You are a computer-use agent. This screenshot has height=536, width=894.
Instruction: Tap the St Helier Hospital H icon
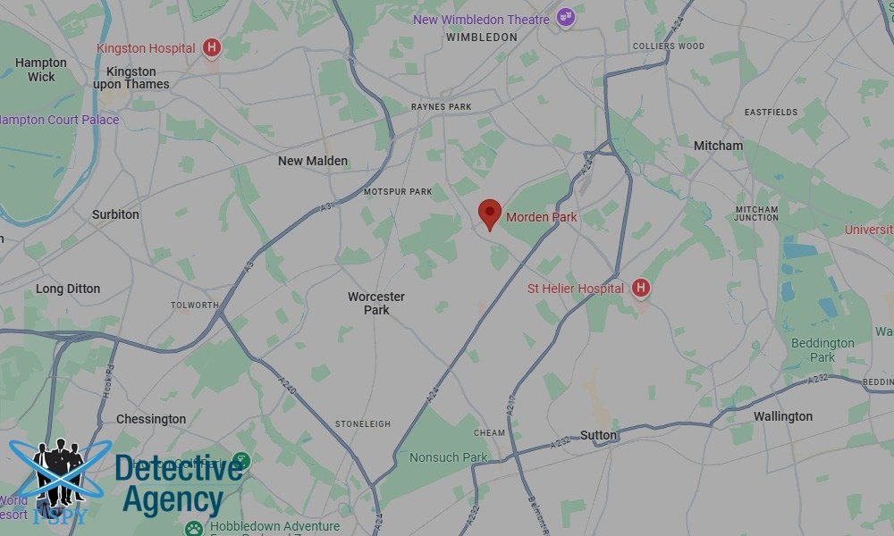click(x=640, y=288)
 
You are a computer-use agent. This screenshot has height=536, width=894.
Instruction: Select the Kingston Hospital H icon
click(x=211, y=47)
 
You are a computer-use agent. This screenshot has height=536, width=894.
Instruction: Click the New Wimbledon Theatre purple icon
click(x=564, y=17)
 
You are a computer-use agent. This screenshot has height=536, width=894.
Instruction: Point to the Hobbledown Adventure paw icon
click(x=194, y=527)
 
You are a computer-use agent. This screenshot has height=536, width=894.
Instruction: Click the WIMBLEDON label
click(x=481, y=38)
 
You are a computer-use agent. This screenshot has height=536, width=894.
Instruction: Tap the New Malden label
click(x=313, y=161)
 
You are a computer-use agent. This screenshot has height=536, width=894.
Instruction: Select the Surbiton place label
click(x=115, y=214)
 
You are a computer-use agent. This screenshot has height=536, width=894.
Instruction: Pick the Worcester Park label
click(x=376, y=303)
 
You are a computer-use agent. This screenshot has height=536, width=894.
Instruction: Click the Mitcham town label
click(x=718, y=146)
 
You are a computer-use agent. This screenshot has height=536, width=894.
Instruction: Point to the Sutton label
click(x=598, y=435)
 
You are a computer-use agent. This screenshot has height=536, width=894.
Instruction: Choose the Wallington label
click(x=782, y=416)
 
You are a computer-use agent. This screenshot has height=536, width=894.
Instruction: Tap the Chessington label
click(x=151, y=419)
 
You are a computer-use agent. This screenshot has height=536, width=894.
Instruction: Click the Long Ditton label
click(x=68, y=289)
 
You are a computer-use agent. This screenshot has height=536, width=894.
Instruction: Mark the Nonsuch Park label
click(x=448, y=457)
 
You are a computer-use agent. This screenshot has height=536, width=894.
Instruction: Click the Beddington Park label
click(x=822, y=350)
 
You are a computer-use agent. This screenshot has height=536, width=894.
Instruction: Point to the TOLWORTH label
click(x=194, y=306)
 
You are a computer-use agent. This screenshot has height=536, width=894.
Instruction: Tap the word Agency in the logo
click(x=173, y=499)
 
